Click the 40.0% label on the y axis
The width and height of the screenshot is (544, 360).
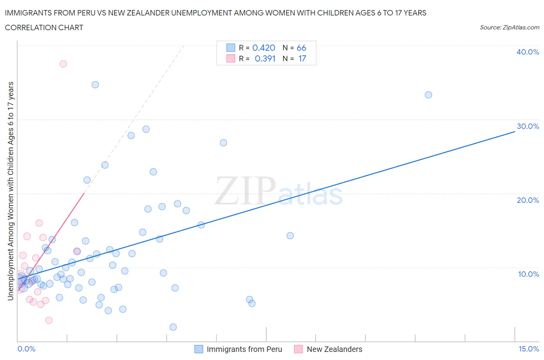point(528,52)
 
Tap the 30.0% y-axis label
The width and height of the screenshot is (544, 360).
point(528,126)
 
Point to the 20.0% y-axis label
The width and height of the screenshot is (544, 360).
point(528,200)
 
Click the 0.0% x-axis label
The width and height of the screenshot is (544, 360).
point(26,349)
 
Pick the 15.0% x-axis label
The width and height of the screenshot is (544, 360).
point(529,349)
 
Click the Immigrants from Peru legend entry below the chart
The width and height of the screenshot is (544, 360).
point(244,349)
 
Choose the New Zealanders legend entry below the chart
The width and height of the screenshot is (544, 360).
point(334,349)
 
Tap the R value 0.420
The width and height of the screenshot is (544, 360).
point(263,48)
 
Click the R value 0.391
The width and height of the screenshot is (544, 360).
point(265,58)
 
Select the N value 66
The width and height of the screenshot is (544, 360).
point(301,48)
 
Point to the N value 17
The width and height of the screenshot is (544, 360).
point(302,58)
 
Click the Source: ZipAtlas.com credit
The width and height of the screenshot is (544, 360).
point(509,27)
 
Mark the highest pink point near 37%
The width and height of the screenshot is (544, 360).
point(63,64)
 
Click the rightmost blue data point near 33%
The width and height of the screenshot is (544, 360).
point(428,95)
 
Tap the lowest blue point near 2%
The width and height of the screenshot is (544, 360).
point(173,327)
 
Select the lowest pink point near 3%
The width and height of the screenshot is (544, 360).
point(49,320)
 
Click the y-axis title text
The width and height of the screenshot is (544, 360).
point(10,191)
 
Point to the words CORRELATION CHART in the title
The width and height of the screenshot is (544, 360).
point(44,27)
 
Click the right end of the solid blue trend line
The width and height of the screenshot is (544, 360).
point(515,132)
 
